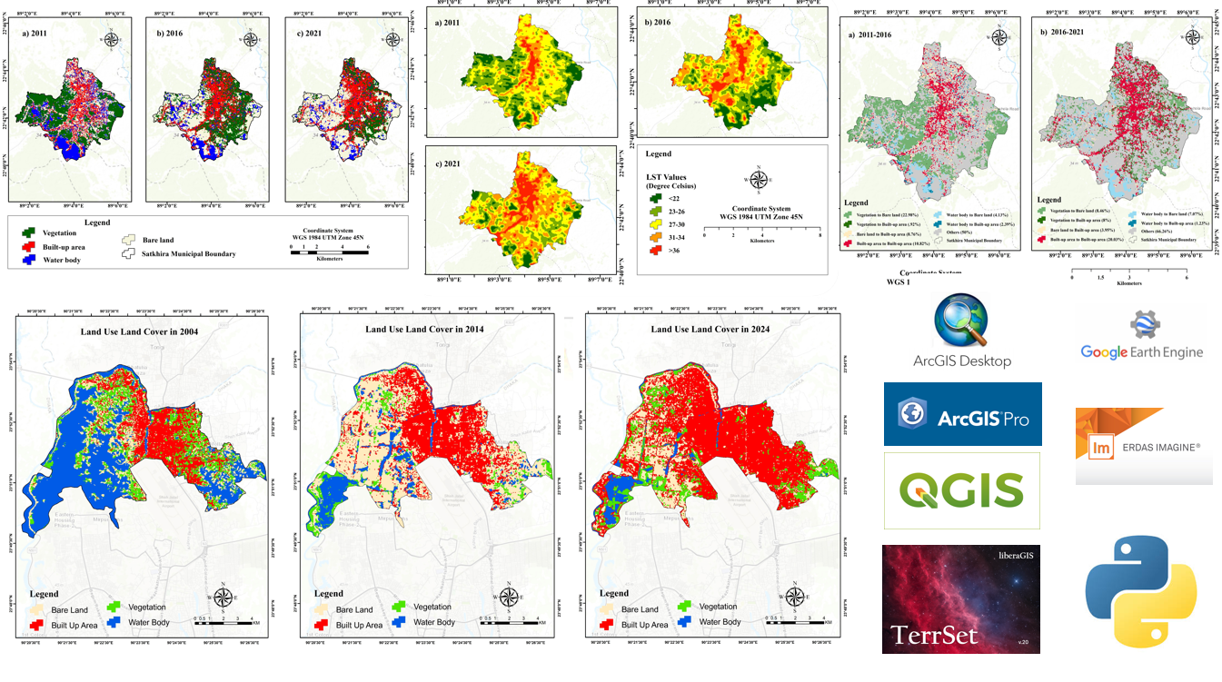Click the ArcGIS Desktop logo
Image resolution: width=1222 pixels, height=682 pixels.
pyautogui.click(x=962, y=331)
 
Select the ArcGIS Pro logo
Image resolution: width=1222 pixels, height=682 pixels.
pyautogui.click(x=962, y=414)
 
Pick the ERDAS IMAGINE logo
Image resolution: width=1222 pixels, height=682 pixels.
pyautogui.click(x=1143, y=446)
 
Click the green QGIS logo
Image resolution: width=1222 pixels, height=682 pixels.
pyautogui.click(x=962, y=491)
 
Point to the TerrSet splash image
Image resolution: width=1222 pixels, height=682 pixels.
pyautogui.click(x=962, y=598)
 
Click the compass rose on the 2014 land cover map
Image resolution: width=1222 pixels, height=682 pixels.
pyautogui.click(x=509, y=597)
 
